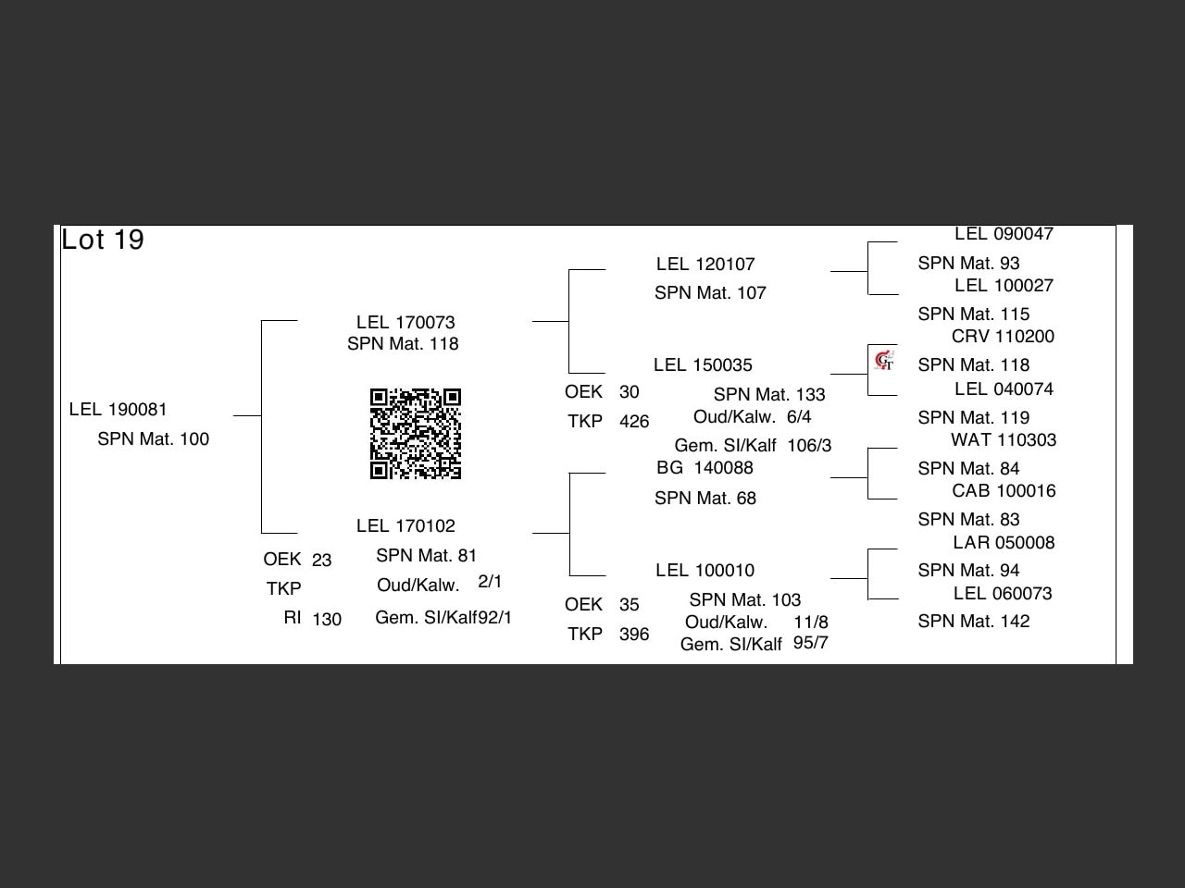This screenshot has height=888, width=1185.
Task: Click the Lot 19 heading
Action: [x=103, y=240]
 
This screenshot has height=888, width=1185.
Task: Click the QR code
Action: [x=416, y=434]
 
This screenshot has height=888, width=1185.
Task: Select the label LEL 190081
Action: [x=118, y=409]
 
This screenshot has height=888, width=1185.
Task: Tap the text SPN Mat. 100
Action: [x=154, y=438]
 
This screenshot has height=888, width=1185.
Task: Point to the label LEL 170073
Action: [x=405, y=322]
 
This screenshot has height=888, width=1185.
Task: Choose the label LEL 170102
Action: [x=405, y=525]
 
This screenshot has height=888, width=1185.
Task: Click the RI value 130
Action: [x=327, y=619]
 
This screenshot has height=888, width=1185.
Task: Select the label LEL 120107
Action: [x=705, y=264]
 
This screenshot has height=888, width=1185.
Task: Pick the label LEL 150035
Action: [x=703, y=364]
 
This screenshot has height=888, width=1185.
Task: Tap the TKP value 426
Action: [x=634, y=421]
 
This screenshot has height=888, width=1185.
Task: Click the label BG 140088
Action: [x=705, y=467]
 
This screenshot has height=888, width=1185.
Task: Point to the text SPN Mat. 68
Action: [x=705, y=498]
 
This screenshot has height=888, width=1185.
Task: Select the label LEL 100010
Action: [x=705, y=570]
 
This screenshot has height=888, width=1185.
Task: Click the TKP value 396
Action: [x=634, y=634]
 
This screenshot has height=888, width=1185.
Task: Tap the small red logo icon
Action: [x=884, y=360]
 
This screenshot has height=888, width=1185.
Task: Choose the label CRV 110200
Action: [x=1003, y=336]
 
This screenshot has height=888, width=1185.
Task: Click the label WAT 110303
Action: [x=1004, y=439]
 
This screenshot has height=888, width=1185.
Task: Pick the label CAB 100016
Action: [x=1004, y=490]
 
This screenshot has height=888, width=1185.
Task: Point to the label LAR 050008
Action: [x=1004, y=542]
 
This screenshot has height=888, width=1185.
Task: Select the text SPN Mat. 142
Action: [x=974, y=621]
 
